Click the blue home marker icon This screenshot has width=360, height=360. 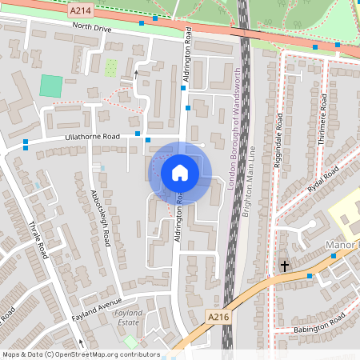[180, 173]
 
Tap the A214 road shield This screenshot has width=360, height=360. [80, 11]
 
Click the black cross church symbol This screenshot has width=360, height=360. [284, 265]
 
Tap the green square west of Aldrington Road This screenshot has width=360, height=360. [50, 86]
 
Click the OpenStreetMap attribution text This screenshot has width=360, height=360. [80, 354]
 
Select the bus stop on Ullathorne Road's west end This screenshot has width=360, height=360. [26, 144]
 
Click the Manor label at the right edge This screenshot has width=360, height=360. [344, 243]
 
